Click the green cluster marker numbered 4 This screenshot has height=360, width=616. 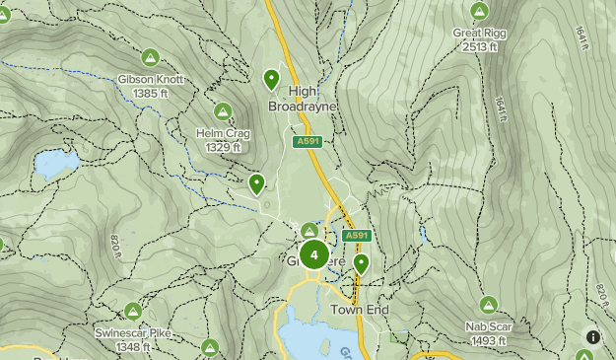point(313,255)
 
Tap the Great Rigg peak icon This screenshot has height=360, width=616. point(479,11)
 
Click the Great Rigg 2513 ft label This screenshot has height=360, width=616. point(479,38)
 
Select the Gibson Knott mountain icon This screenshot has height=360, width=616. point(150,57)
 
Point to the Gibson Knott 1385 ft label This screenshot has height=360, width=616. point(151,86)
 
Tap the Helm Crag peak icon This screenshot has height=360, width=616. point(223,111)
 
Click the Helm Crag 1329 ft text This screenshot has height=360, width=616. point(223,140)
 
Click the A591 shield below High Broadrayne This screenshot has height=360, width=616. point(308,142)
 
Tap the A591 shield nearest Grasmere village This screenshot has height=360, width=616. point(356,236)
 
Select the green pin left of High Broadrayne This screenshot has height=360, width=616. point(271,78)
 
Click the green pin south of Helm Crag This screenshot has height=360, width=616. point(257,182)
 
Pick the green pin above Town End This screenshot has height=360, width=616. point(362,262)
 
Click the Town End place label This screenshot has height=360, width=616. point(359,310)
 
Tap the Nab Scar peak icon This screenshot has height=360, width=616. point(487,304)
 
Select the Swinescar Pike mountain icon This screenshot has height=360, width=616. point(133,312)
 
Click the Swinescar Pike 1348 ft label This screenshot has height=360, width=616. point(133,340)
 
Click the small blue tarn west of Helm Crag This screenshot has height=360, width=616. point(55,164)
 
